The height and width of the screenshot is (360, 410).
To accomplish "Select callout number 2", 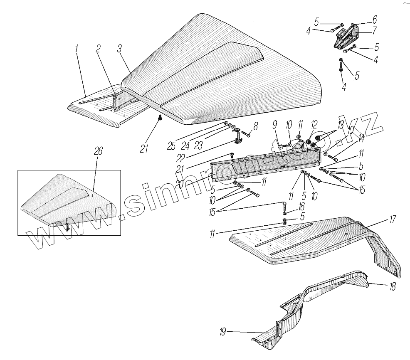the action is coord(98,48).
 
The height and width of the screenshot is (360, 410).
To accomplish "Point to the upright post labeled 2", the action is coord(115,102).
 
